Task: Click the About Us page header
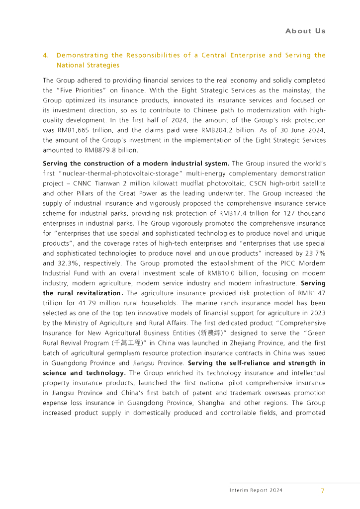tap(305, 31)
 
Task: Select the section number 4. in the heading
tap(46, 55)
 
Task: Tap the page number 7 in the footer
tap(322, 491)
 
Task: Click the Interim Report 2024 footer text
tap(256, 491)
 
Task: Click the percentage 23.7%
tap(313, 254)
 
